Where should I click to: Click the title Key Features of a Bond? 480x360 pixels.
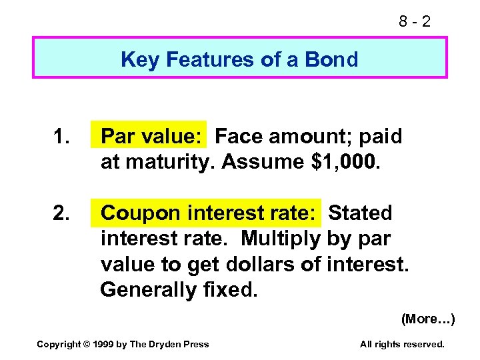pos(239,59)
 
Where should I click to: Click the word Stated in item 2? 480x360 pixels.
pos(361,213)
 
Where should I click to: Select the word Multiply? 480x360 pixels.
pos(282,239)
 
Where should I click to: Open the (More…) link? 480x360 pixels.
pos(427,319)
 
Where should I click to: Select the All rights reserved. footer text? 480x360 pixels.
pos(401,344)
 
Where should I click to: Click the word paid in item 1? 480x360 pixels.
pos(381,137)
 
